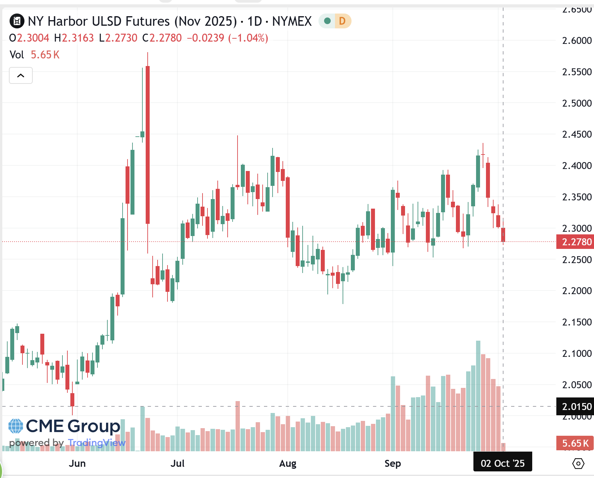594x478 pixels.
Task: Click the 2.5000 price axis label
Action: [576, 103]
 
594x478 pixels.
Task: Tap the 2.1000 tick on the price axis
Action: [576, 354]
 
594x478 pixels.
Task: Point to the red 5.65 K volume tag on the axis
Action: [575, 443]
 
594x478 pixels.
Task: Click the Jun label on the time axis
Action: [77, 463]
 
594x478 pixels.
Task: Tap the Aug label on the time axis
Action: [287, 463]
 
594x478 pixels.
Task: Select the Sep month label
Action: [392, 463]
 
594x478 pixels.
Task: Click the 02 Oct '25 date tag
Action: [502, 463]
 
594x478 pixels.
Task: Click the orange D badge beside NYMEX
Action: [342, 21]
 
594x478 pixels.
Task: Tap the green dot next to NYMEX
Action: [327, 21]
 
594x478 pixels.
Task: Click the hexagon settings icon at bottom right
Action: [578, 463]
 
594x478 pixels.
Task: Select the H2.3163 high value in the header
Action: [74, 38]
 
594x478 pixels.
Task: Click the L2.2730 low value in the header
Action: [118, 38]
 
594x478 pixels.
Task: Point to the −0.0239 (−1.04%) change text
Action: [227, 38]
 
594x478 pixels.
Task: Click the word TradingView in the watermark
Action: [96, 443]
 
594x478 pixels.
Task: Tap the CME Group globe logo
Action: [16, 426]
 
